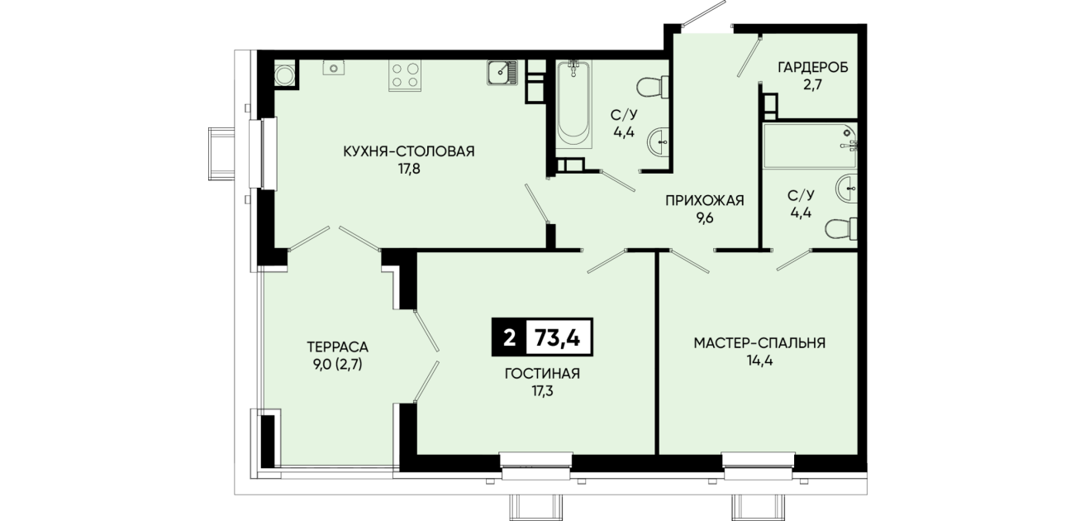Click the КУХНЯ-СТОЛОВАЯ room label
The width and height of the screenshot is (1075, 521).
(409, 151)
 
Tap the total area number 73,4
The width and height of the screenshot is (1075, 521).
(558, 338)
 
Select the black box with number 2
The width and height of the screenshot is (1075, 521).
(509, 337)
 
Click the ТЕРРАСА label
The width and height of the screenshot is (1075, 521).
(337, 347)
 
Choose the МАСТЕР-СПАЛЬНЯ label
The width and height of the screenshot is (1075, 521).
(759, 343)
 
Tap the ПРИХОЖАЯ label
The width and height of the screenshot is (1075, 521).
(705, 200)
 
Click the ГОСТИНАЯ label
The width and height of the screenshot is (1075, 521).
(542, 374)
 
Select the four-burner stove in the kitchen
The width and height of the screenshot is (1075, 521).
(405, 75)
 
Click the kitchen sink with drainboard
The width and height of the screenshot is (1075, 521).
(502, 73)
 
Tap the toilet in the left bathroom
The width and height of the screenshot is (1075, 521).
(653, 87)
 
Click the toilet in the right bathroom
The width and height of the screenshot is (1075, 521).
(841, 228)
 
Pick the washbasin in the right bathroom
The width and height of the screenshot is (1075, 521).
(847, 189)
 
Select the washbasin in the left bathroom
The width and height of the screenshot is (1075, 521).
(659, 142)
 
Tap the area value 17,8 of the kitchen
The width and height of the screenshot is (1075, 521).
(409, 170)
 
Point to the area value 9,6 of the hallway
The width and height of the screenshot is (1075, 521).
(705, 218)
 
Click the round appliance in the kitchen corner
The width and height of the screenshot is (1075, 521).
(284, 75)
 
